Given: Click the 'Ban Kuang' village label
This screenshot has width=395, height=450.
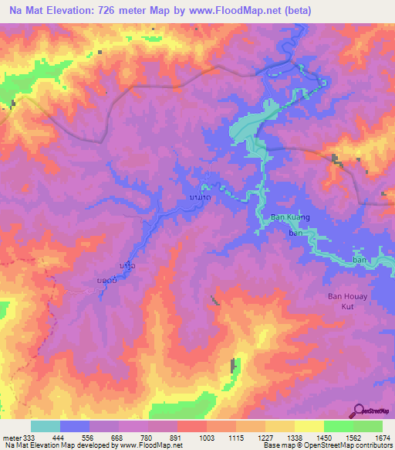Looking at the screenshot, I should pyautogui.click(x=289, y=217).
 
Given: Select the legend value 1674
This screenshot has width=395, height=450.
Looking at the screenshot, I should pyautogui.click(x=383, y=438).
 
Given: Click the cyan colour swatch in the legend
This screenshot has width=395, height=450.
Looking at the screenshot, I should pyautogui.click(x=46, y=426).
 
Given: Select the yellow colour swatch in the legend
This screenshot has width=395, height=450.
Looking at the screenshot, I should pyautogui.click(x=309, y=426).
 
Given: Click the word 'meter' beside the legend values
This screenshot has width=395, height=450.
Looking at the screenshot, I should pyautogui.click(x=8, y=438).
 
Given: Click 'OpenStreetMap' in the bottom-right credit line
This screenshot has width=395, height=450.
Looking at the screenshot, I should pyautogui.click(x=329, y=446).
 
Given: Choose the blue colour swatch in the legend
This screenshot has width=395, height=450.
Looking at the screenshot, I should pyautogui.click(x=75, y=426).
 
